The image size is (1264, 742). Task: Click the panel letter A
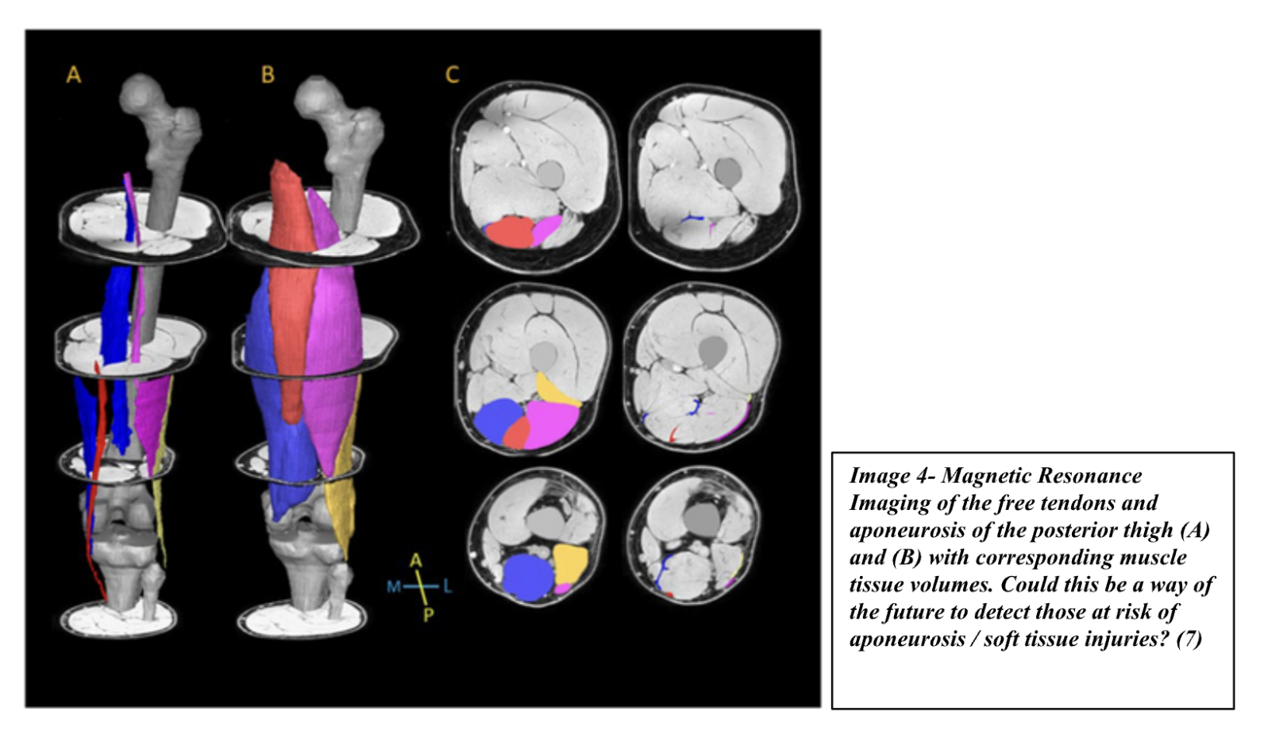point(73,75)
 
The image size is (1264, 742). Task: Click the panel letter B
point(268,75)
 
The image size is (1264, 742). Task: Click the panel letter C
point(452,75)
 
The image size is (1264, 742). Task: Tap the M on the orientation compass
point(394,587)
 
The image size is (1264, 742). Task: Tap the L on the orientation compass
point(448,587)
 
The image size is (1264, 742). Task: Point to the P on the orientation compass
point(429,615)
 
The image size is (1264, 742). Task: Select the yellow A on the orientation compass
point(416,561)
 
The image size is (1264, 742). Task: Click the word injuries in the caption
point(1120,638)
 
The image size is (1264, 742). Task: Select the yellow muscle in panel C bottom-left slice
point(570,562)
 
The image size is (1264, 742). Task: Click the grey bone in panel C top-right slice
point(726,169)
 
